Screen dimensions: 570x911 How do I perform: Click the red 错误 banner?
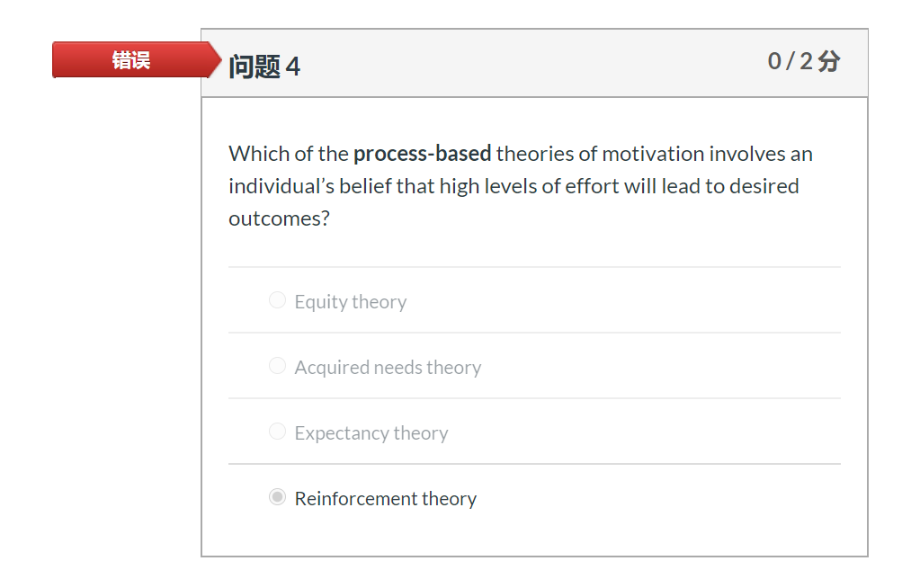point(131,60)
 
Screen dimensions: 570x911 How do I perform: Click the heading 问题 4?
point(263,67)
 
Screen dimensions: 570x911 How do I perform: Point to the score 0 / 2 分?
point(803,61)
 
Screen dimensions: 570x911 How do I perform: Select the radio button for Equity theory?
point(277,300)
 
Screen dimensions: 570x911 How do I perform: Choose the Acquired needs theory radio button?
point(277,366)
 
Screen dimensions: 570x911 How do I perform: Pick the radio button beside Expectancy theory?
point(277,432)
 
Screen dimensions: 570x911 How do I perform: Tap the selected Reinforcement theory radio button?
point(277,497)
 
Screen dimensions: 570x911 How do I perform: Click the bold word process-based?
point(422,154)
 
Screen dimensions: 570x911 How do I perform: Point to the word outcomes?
point(279,218)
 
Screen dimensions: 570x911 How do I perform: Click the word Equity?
point(319,302)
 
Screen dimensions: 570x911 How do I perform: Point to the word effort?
point(588,186)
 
